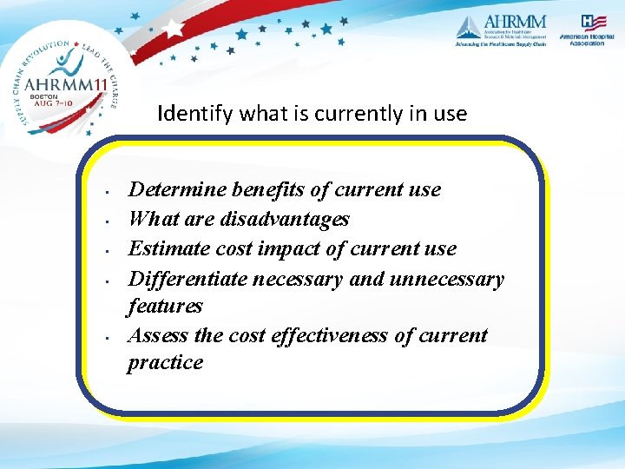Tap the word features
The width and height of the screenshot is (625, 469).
click(165, 306)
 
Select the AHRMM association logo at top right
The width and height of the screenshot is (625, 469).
click(501, 30)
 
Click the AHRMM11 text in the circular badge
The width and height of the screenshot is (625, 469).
click(64, 83)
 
